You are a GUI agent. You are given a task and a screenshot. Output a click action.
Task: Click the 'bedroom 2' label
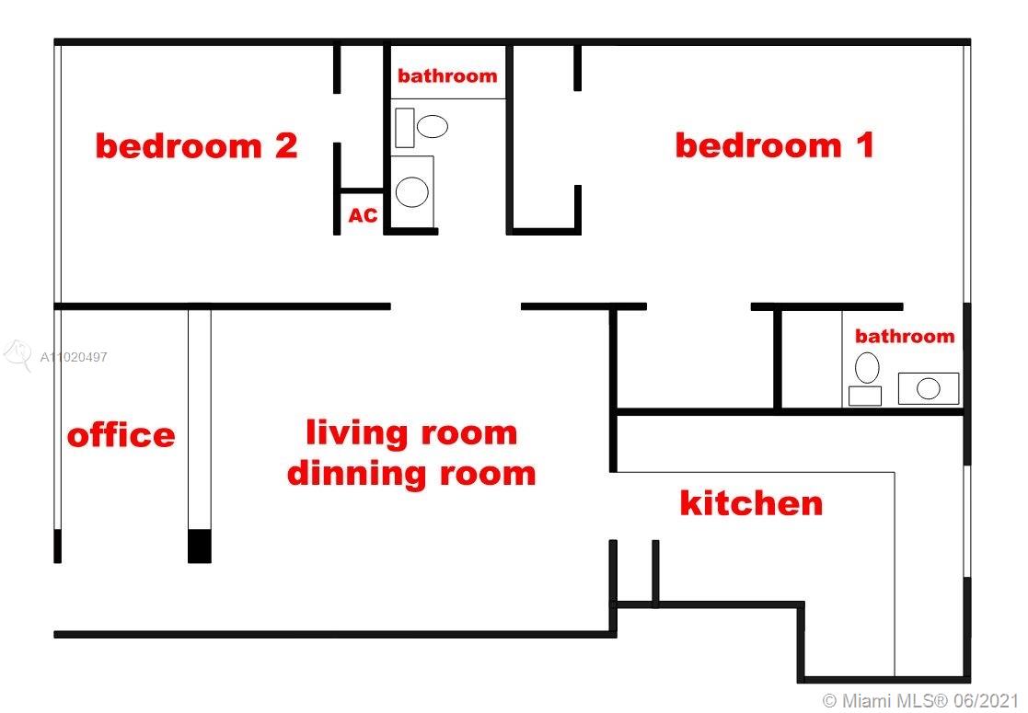[x=197, y=145]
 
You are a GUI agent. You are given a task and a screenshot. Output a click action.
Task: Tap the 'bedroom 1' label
[x=775, y=145]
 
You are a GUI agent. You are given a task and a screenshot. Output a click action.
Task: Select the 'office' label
[x=121, y=434]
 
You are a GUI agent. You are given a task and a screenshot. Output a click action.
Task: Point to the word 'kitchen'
[x=751, y=502]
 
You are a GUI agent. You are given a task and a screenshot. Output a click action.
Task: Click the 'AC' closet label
[x=363, y=215]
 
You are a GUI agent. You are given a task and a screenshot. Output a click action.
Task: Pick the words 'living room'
[x=411, y=433]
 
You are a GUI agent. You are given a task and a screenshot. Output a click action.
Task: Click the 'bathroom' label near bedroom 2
[x=447, y=75]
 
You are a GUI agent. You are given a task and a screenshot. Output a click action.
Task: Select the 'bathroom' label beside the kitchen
[x=905, y=336]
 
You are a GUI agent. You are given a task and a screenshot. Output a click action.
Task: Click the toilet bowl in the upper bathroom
[x=432, y=126]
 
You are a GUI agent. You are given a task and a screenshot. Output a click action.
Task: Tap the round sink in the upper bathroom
[x=412, y=191]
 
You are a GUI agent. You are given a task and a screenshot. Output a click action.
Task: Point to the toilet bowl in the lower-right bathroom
[x=867, y=368]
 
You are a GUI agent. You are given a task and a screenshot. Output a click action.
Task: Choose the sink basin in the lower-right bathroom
[x=929, y=388]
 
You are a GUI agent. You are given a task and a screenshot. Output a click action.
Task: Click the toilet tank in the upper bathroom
[x=405, y=128]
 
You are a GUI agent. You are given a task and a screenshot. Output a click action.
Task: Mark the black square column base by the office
[x=200, y=546]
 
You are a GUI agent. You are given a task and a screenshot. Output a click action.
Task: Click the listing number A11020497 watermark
[x=74, y=357]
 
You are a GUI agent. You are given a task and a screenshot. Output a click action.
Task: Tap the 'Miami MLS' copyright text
[x=920, y=700]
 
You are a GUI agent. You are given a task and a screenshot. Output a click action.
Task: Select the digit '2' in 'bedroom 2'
[x=286, y=145]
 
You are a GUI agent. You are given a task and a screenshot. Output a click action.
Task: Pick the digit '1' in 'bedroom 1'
[x=867, y=145]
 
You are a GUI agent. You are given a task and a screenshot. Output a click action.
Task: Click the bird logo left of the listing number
[x=17, y=355]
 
